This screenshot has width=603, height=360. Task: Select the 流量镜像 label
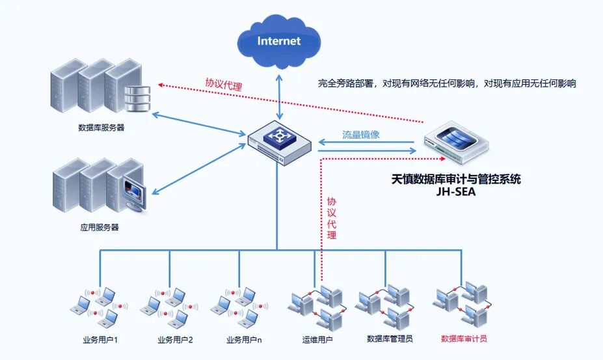pos(365,135)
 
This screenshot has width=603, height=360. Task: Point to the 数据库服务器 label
pos(101,128)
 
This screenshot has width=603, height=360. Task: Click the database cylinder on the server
pos(137,97)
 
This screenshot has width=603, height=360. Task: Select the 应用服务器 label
pos(100,228)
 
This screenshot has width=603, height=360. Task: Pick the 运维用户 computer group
pos(317,307)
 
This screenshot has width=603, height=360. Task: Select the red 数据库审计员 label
pos(463,339)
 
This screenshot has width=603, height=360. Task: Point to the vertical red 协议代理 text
pos(332,218)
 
